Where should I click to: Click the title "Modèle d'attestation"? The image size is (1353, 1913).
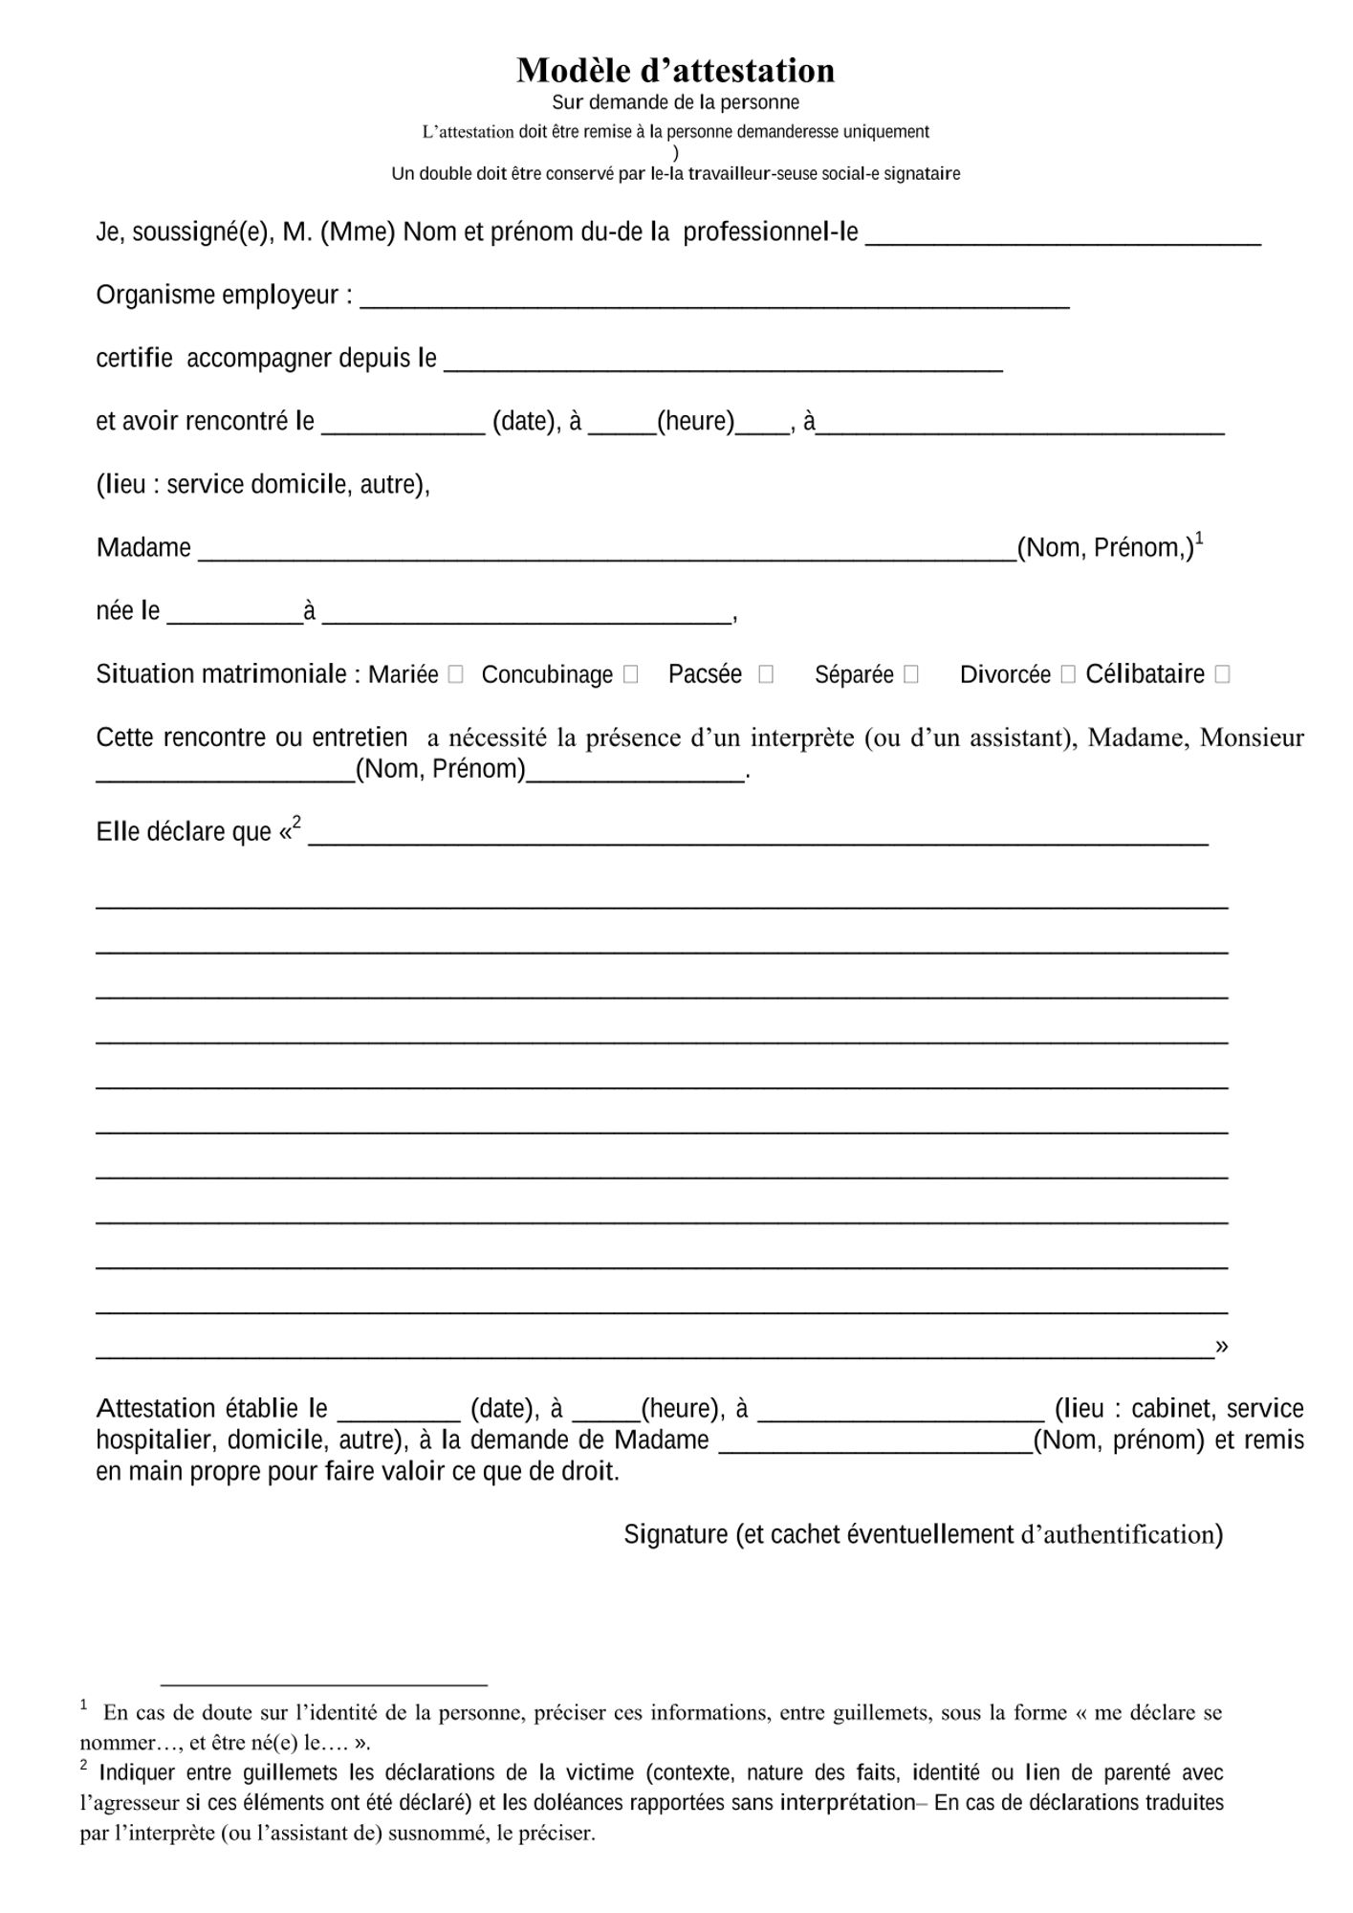(675, 70)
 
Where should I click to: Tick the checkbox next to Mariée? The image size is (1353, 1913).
(456, 674)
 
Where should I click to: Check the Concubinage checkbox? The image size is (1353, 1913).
(630, 674)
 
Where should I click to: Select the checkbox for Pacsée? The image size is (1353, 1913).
(765, 674)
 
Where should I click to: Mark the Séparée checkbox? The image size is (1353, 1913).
(910, 674)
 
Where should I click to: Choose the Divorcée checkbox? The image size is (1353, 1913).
(1068, 674)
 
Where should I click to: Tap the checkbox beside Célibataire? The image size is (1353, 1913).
(1221, 674)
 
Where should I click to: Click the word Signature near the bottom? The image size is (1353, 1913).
(675, 1534)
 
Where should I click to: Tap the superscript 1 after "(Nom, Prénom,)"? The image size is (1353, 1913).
(1199, 539)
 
